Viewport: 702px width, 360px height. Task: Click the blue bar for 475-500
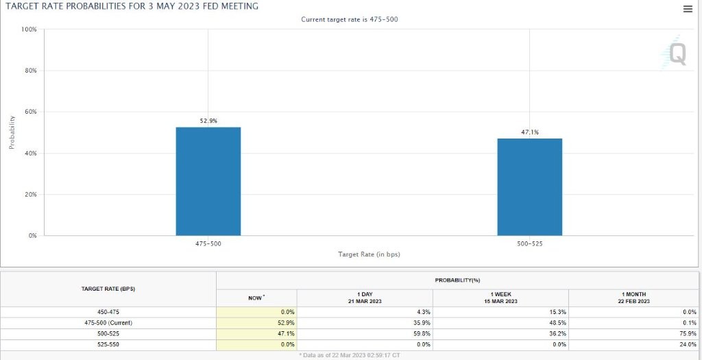208,181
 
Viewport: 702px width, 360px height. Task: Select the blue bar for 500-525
530,187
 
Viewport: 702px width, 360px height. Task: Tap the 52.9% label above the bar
208,121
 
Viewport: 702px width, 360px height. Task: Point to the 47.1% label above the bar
530,132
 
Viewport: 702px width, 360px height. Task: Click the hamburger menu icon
688,9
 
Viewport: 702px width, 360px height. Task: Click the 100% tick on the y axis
29,29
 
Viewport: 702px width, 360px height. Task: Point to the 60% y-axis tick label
31,112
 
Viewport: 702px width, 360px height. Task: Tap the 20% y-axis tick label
31,195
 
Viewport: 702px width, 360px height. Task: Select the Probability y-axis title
12,132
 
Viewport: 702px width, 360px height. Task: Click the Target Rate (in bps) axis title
369,254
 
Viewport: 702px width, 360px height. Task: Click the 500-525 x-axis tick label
530,243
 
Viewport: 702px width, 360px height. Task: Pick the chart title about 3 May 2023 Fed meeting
132,7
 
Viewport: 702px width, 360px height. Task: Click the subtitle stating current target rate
350,19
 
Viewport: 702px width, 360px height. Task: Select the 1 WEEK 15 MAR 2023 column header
501,297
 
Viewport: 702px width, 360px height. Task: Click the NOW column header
256,298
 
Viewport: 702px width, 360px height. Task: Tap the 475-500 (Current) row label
108,323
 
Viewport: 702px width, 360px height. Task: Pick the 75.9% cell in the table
688,333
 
